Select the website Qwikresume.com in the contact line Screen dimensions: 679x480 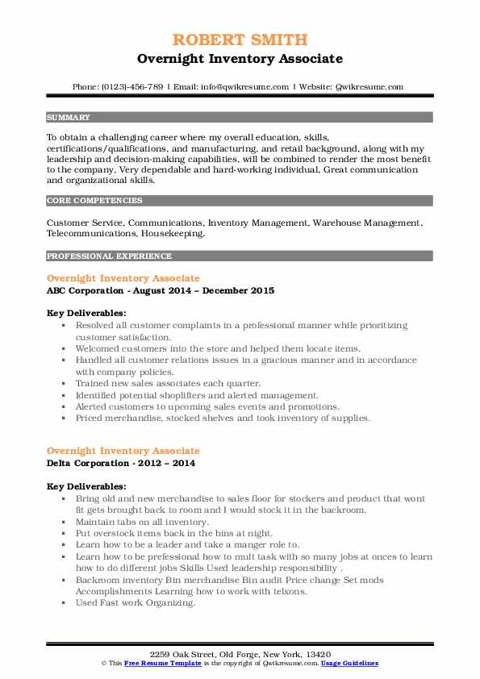point(366,86)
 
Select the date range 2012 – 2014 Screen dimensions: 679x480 point(165,464)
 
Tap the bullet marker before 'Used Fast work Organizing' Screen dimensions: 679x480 point(63,602)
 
